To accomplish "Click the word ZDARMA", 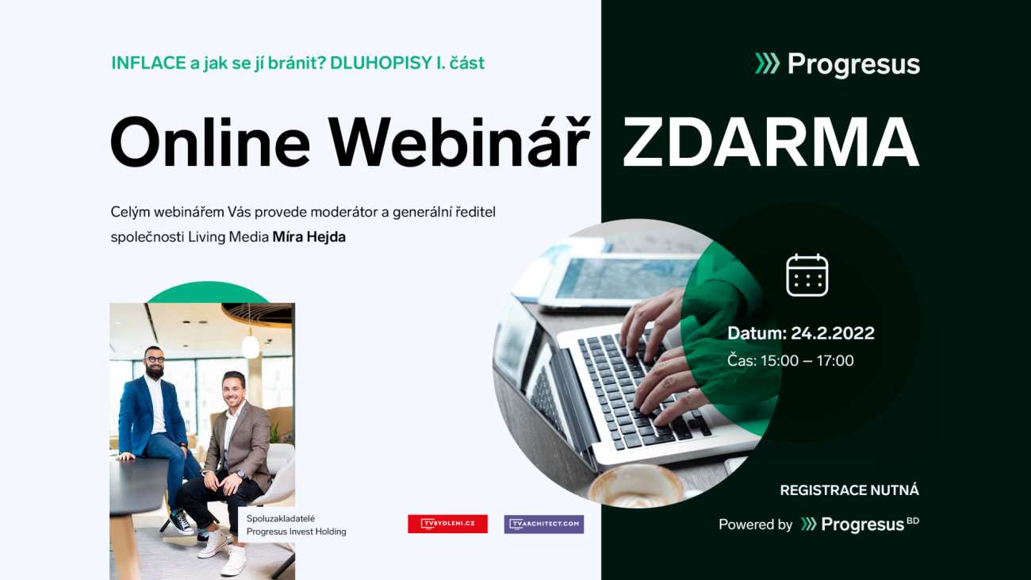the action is (x=771, y=142).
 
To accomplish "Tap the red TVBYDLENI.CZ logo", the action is (x=447, y=524).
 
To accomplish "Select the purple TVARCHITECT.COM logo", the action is (x=544, y=524).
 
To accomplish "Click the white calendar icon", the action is (x=807, y=275).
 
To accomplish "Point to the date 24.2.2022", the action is (x=832, y=332).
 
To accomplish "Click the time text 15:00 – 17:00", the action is (x=807, y=360).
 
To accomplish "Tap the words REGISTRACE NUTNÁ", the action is (x=849, y=490).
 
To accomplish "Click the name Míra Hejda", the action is (x=309, y=237).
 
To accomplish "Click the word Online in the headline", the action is (x=210, y=142).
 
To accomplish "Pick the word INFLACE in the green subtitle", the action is (x=148, y=63).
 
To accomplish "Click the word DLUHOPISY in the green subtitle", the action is (x=381, y=63).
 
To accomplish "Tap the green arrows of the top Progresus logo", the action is (x=767, y=63).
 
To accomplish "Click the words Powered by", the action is (x=755, y=524).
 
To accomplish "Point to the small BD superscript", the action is (x=913, y=520).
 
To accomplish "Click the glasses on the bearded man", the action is (x=155, y=359).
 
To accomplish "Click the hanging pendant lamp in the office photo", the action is (x=251, y=346).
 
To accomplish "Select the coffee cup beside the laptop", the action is (x=636, y=486).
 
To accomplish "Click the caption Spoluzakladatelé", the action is (x=281, y=519).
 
